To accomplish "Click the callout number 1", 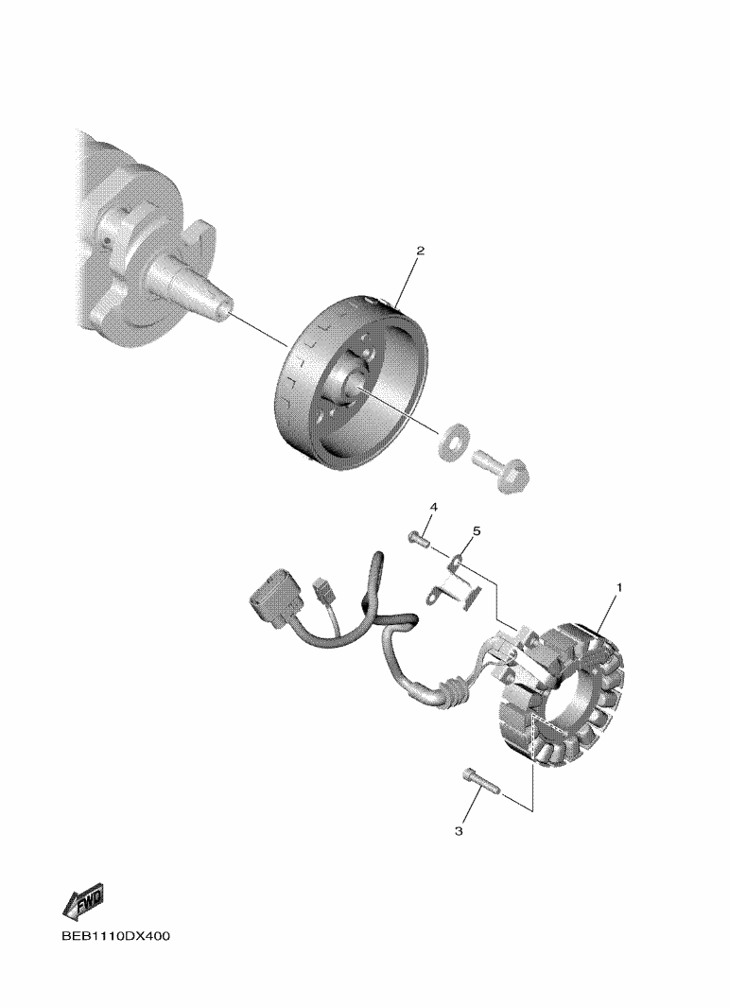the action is click(x=619, y=587).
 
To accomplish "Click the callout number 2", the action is click(x=421, y=252).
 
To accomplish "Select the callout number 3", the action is click(x=459, y=831).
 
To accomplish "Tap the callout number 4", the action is click(x=434, y=508).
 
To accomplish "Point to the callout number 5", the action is click(x=477, y=531).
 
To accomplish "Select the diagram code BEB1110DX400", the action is click(x=116, y=936).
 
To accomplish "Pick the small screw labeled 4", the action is click(x=419, y=538).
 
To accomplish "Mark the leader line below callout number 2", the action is click(x=407, y=282).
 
